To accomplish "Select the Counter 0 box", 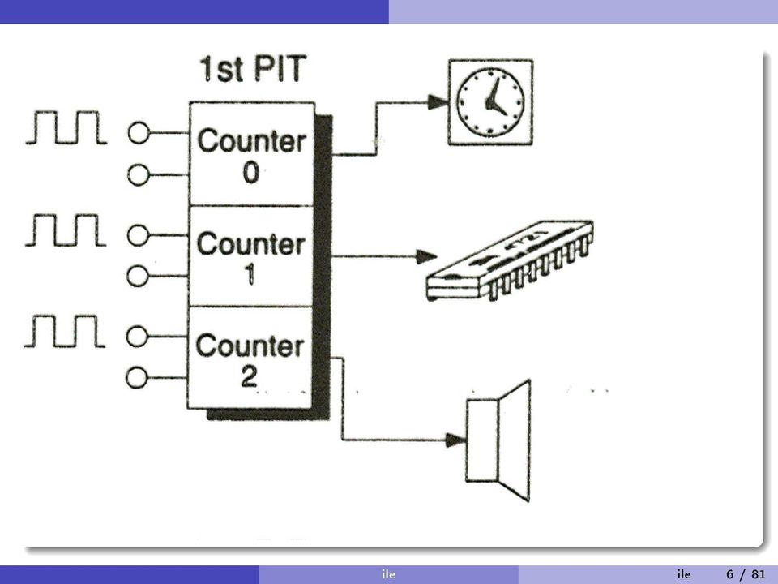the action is pos(252,154).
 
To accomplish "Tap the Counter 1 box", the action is pos(251,256).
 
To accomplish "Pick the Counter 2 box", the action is pos(250,358).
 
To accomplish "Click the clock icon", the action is pos(491,102).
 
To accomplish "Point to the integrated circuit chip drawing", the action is pos(510,260).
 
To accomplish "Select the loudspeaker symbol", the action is pos(498,440).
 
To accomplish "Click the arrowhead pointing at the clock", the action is pos(438,102).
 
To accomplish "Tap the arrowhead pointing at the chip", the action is pos(426,257).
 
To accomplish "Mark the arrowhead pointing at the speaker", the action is pos(455,440).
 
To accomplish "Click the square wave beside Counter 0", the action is pos(66,127).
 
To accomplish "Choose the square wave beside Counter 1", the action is pos(66,230).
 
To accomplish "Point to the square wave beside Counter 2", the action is pos(65,331).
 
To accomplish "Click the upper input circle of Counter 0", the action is pos(139,133).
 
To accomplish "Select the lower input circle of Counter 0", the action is pos(138,175).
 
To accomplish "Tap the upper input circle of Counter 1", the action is pos(138,235).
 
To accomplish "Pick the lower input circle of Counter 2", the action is pos(136,378).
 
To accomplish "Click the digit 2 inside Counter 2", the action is pos(249,377).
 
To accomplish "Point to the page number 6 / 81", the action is pos(746,574).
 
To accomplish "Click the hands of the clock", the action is pos(494,97).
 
